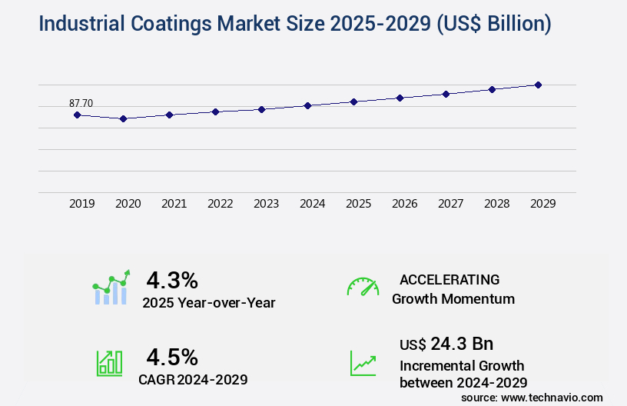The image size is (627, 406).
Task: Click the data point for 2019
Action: [77, 115]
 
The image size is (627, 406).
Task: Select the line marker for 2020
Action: [123, 118]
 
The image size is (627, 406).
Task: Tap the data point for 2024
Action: [307, 105]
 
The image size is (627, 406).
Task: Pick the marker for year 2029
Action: [538, 85]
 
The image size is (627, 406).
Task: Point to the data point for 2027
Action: [446, 94]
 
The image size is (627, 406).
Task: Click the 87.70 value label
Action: [81, 103]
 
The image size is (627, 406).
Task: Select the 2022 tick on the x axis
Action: [220, 204]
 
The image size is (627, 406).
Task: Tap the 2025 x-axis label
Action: [358, 204]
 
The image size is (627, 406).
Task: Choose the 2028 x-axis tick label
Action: [496, 204]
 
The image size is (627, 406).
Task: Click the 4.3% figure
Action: [172, 279]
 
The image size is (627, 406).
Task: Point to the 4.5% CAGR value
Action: [172, 357]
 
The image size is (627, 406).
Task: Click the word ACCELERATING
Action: [450, 279]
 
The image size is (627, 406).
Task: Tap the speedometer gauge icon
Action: [363, 287]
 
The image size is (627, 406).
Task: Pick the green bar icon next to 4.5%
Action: [109, 363]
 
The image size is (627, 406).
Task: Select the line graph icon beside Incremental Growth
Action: [363, 363]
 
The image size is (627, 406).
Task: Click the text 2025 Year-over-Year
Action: [208, 303]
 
